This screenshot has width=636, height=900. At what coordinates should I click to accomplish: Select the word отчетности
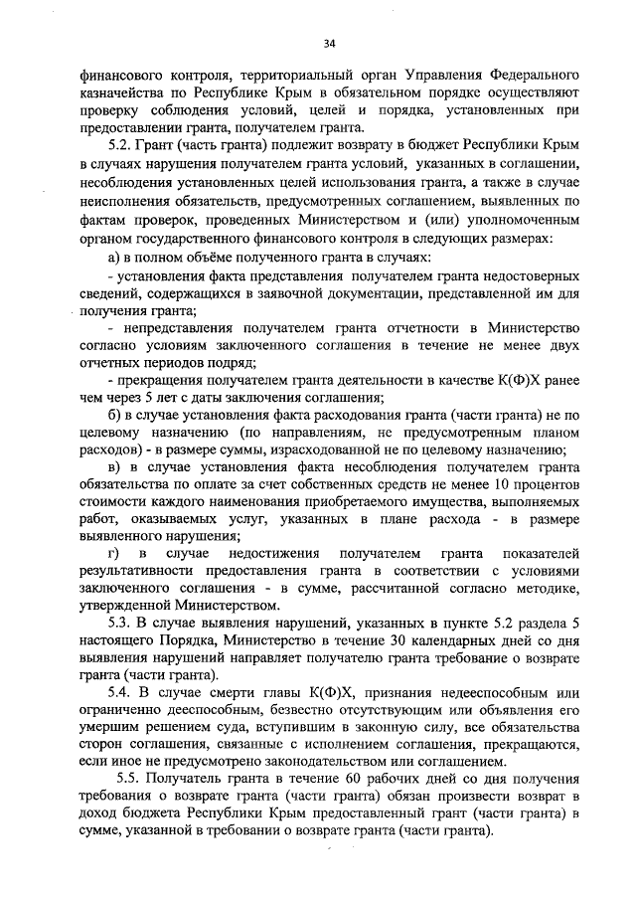pyautogui.click(x=406, y=327)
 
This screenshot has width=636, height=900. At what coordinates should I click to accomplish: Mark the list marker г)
pyautogui.click(x=112, y=552)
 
